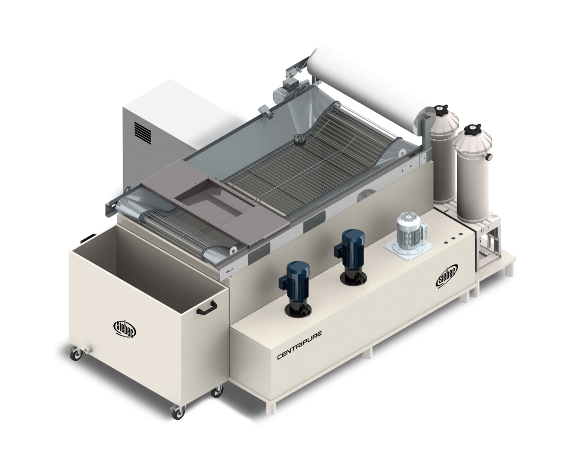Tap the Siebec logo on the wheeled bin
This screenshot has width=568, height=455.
click(x=124, y=329)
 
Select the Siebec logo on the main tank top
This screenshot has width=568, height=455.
click(x=447, y=276)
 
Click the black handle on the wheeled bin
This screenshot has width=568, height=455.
click(x=207, y=308)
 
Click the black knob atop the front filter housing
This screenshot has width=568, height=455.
click(x=472, y=129)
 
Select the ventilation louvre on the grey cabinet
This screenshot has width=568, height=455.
click(x=143, y=133)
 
